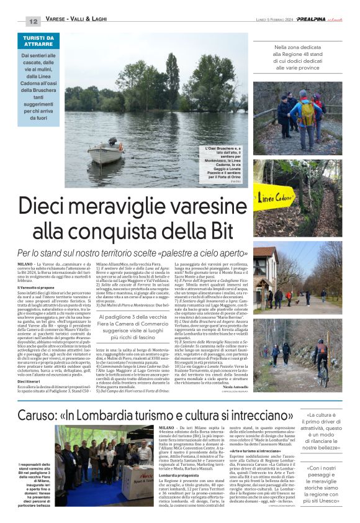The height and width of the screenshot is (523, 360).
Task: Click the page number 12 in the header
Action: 34,21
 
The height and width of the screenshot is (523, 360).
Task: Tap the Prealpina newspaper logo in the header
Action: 317,19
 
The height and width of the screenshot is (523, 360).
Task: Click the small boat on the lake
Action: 105,152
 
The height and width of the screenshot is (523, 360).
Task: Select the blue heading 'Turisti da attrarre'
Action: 38,42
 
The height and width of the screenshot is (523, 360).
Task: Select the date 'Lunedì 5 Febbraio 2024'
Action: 274,20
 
